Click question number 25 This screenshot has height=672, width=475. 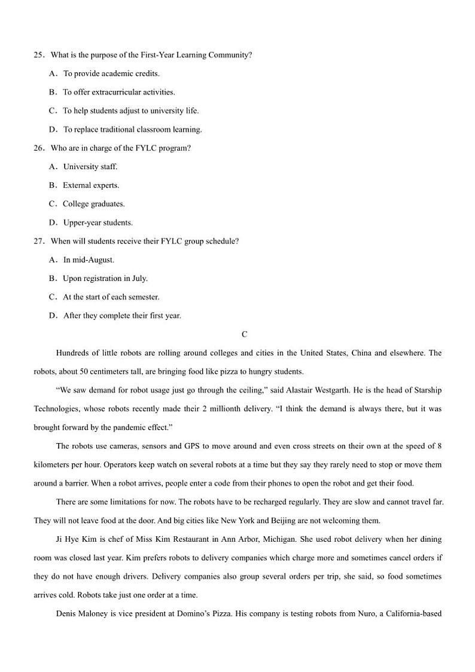[x=39, y=55]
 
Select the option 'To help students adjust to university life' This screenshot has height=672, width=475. [x=130, y=111]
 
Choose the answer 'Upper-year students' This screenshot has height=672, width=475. [x=98, y=222]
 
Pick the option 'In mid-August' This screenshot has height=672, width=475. [x=89, y=259]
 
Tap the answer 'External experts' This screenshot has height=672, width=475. [x=90, y=185]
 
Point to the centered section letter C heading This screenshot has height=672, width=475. [x=244, y=335]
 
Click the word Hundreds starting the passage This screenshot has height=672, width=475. [x=75, y=353]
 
